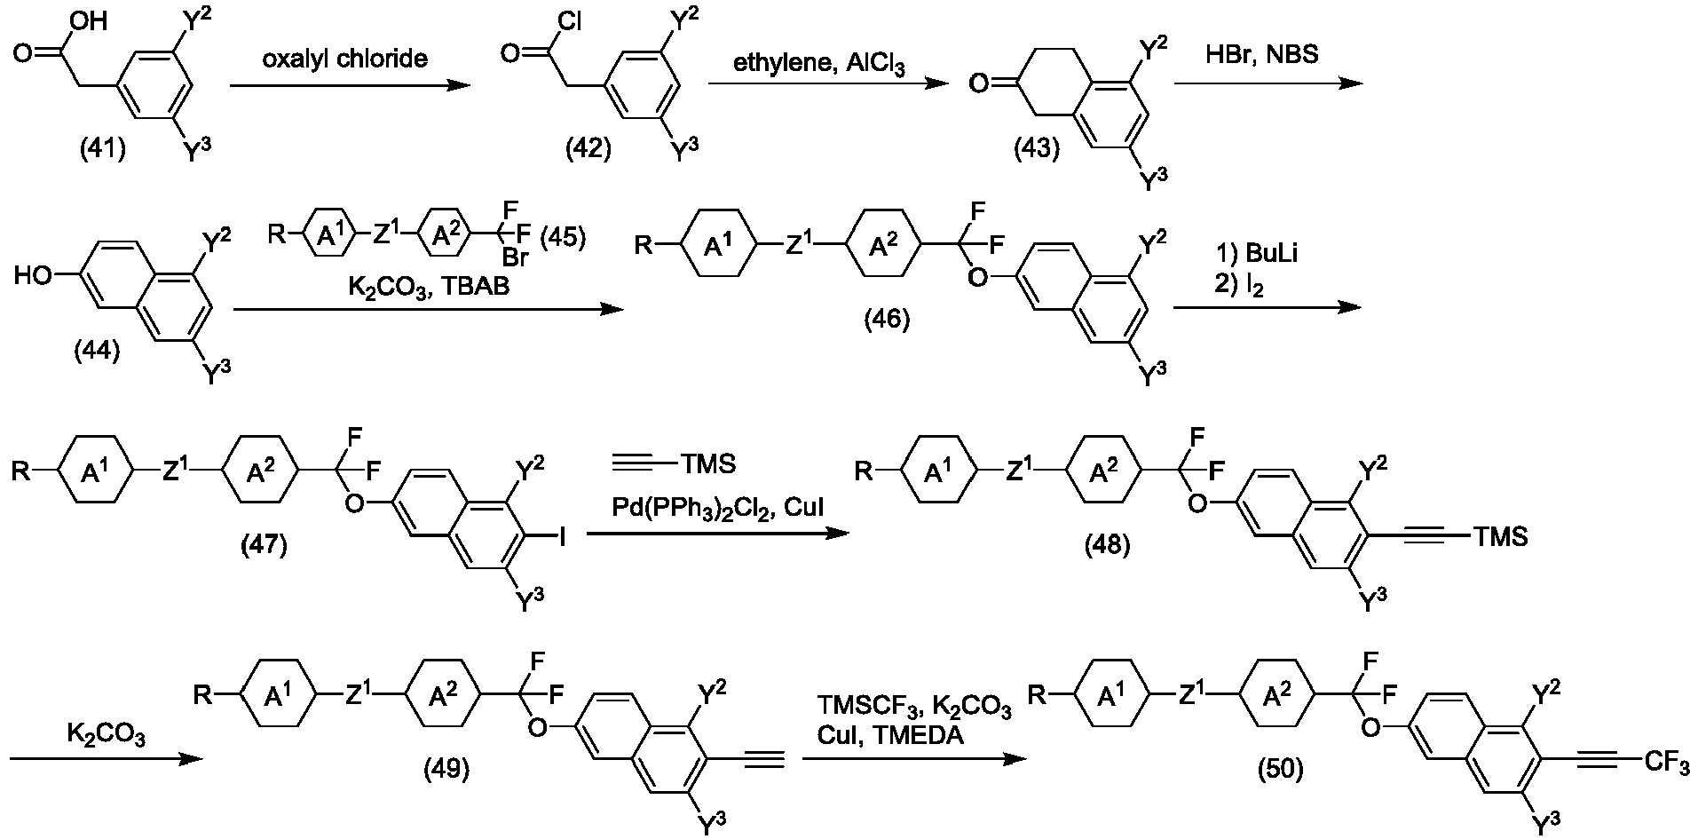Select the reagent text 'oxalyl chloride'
tap(345, 59)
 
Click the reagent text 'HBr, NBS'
tap(1262, 55)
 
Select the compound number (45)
tap(560, 237)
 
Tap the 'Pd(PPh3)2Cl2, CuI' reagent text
tap(717, 508)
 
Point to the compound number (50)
tap(1279, 769)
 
